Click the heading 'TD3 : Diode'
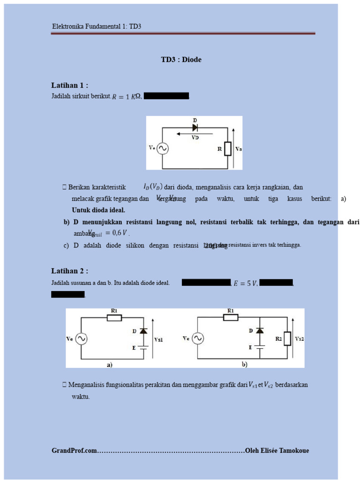[181, 60]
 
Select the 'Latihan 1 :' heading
[69, 85]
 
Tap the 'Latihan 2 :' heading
[69, 271]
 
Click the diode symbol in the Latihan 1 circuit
[195, 127]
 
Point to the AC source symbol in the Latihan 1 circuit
[163, 149]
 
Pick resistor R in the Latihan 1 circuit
[228, 149]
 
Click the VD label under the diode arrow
[195, 138]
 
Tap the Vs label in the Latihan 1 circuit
[239, 149]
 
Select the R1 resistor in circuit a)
[114, 317]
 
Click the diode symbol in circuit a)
[143, 331]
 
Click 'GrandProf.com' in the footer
[75, 450]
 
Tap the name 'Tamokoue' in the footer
[293, 450]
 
